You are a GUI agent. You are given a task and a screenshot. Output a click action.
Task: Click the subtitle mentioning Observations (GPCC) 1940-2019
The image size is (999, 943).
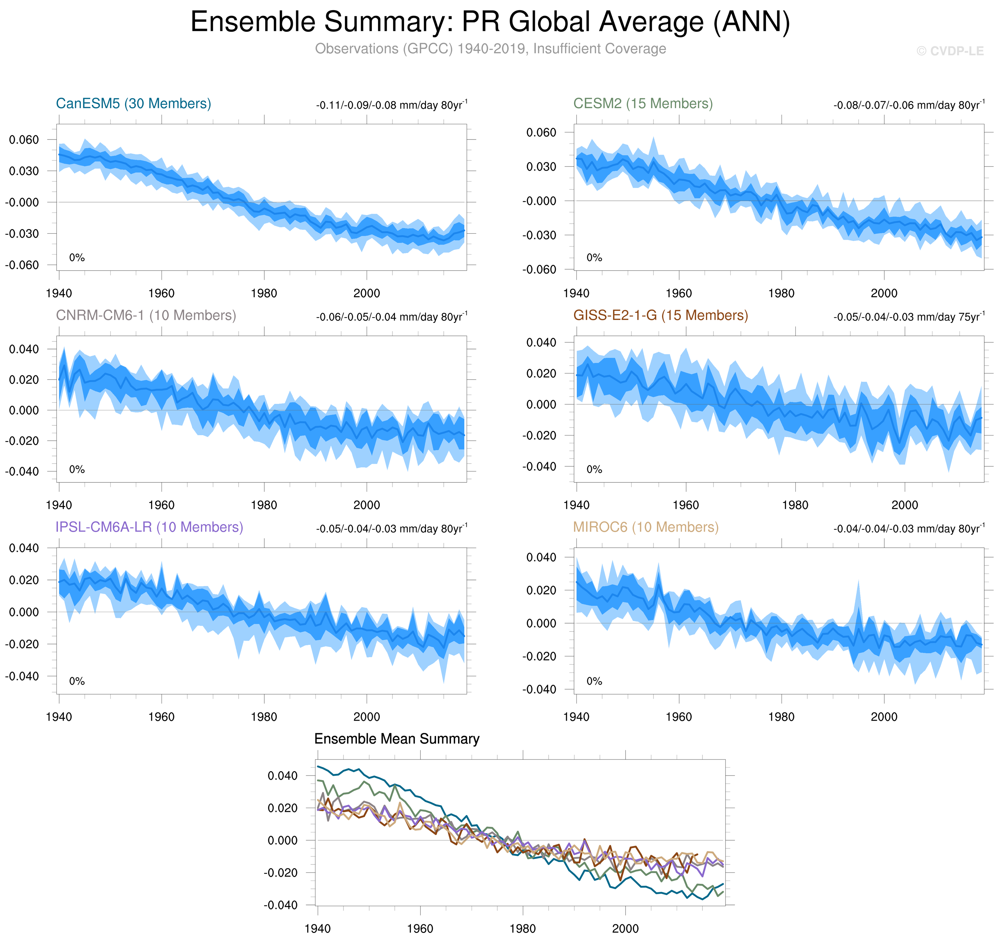490,49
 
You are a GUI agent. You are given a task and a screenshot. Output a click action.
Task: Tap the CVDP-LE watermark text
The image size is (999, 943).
950,51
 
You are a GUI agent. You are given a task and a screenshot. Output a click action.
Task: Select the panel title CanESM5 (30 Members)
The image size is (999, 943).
133,104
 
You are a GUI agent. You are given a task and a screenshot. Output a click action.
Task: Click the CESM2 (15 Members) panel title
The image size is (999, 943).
643,104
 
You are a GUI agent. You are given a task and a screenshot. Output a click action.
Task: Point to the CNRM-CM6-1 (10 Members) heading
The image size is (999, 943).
146,315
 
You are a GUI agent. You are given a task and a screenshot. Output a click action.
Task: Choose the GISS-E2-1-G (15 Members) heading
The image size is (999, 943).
660,315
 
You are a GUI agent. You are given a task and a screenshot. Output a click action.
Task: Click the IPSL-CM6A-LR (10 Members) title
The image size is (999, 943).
149,527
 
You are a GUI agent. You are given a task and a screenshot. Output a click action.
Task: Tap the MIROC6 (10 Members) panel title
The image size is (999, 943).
646,527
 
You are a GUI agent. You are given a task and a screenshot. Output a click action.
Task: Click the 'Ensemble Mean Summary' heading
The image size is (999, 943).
396,739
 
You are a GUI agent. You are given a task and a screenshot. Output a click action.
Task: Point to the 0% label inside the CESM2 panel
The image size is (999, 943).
594,258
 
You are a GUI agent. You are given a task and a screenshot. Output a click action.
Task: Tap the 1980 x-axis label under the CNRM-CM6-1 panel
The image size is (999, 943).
264,505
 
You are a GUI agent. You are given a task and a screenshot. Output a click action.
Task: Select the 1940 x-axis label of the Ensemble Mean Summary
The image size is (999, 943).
318,928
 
